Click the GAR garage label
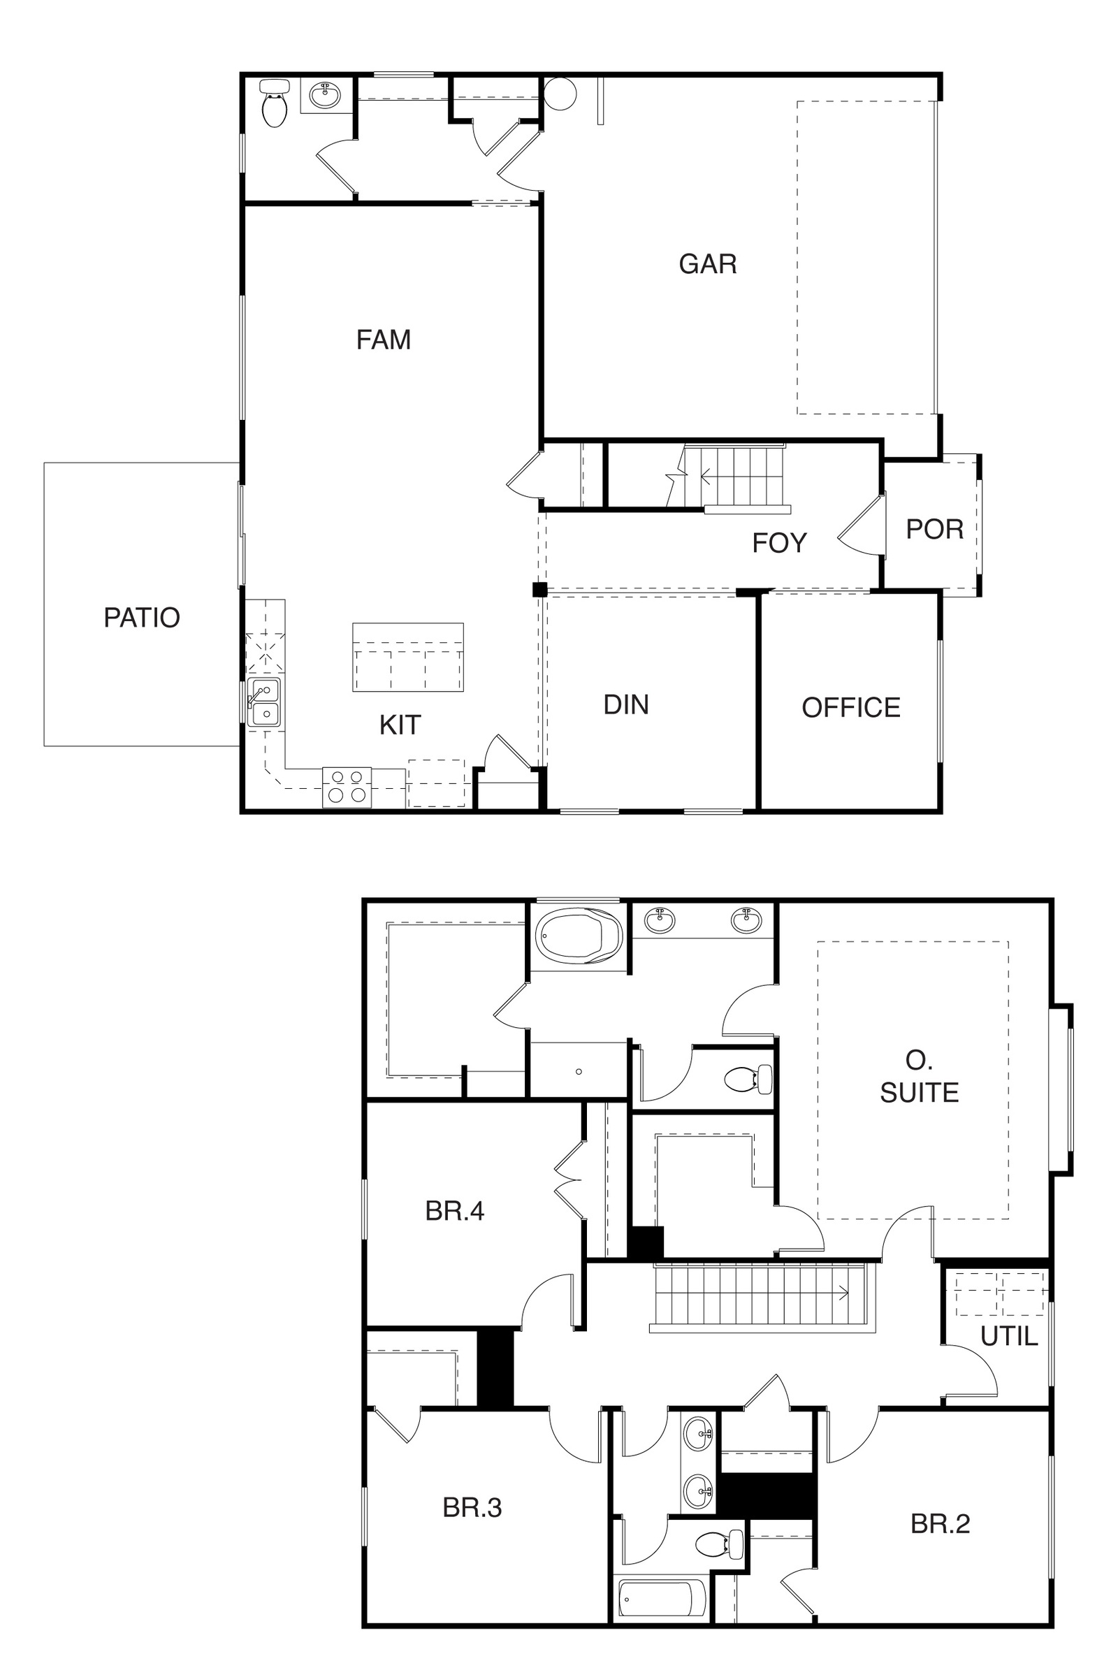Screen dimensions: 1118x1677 coord(707,264)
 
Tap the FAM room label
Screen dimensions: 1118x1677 coord(384,340)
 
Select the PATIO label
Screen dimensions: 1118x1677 coord(142,618)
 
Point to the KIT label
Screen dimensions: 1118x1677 coord(400,725)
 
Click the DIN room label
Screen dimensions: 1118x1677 coord(626,705)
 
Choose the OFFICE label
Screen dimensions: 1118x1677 coord(851,708)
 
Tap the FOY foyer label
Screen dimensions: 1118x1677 coord(779,544)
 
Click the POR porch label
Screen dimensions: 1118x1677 coord(935,529)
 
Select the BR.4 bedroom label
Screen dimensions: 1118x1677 coord(455,1211)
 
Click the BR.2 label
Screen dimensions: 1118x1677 coord(941,1524)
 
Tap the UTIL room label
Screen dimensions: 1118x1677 coord(1009,1336)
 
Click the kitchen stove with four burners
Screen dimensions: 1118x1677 coord(347,787)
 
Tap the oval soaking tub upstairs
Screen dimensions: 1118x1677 coord(579,935)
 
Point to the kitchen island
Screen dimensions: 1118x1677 coord(408,658)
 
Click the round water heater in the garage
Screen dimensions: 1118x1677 coord(560,94)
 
